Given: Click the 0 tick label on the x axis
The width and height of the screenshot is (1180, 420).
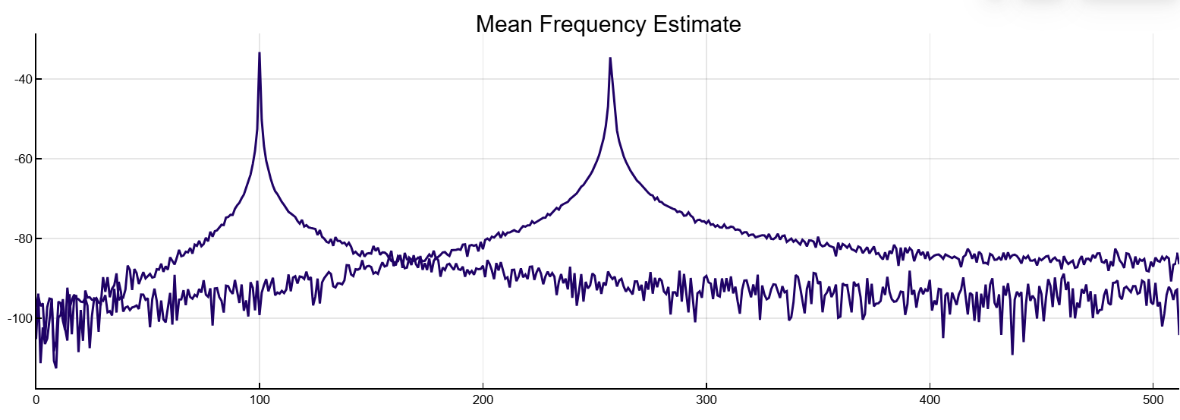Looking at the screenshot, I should tap(36, 398).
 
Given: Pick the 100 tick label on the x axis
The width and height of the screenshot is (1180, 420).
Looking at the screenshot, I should tap(260, 398).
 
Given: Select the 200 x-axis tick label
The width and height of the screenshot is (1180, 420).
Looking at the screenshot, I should tap(483, 398).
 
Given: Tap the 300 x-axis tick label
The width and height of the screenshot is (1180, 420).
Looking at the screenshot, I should tap(706, 398).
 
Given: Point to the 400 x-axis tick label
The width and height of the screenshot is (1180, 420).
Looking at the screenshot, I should tap(930, 398).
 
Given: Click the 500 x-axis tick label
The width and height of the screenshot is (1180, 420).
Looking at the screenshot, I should tap(1153, 398).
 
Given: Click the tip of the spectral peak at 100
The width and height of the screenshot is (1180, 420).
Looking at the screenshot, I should tap(260, 52).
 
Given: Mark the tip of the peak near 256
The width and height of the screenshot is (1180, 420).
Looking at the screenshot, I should tap(609, 58).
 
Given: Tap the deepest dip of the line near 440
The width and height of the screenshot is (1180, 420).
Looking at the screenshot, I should tap(1012, 354).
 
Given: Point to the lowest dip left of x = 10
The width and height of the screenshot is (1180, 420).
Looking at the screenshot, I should tap(55, 368).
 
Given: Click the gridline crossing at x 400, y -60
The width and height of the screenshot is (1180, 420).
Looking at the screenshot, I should tap(930, 159).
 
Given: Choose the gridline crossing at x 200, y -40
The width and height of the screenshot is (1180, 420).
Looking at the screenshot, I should tap(483, 79).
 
